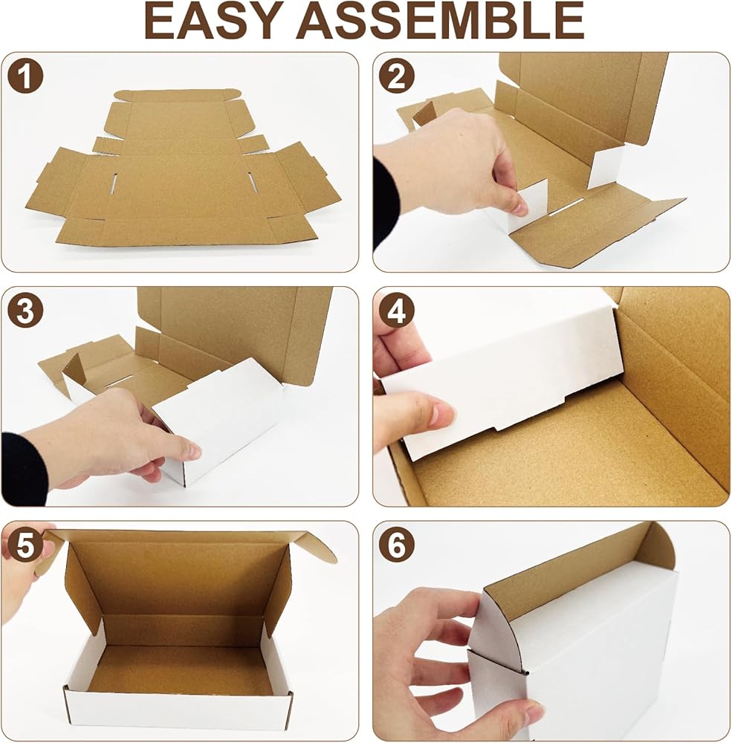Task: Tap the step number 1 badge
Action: [25, 75]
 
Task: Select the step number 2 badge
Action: [397, 75]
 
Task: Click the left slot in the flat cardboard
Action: [113, 184]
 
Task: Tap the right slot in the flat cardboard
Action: [253, 183]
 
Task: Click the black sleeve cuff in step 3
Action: [24, 468]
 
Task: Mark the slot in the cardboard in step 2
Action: [566, 207]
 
